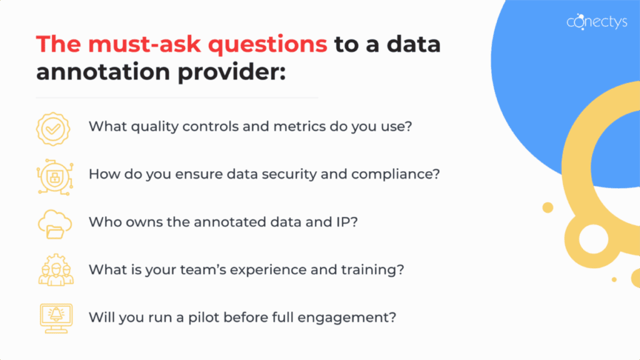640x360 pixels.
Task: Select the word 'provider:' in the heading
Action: [235, 71]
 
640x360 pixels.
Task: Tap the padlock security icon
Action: [54, 174]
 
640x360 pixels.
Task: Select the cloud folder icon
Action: [54, 223]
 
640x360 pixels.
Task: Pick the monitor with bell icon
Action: [54, 317]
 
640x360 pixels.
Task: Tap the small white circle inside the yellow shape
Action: [593, 239]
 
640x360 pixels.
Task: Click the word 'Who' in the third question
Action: [102, 222]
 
